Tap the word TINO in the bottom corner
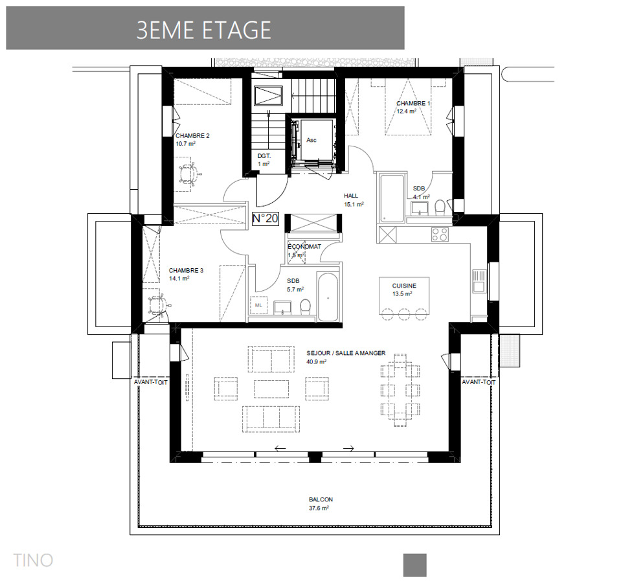click(x=33, y=560)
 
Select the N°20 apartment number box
click(x=265, y=219)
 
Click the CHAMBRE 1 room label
click(x=413, y=103)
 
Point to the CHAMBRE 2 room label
click(x=192, y=136)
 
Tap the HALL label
click(x=351, y=196)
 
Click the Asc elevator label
click(x=311, y=140)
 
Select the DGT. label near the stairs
click(x=264, y=156)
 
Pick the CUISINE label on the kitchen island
click(x=404, y=285)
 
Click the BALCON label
click(x=321, y=499)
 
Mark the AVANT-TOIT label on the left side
click(x=151, y=382)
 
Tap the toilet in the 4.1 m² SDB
click(x=440, y=207)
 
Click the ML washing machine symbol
click(x=259, y=304)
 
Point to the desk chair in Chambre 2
click(x=189, y=173)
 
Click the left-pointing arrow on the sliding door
click(x=280, y=448)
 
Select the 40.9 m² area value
click(x=317, y=361)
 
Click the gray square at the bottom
click(x=414, y=565)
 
